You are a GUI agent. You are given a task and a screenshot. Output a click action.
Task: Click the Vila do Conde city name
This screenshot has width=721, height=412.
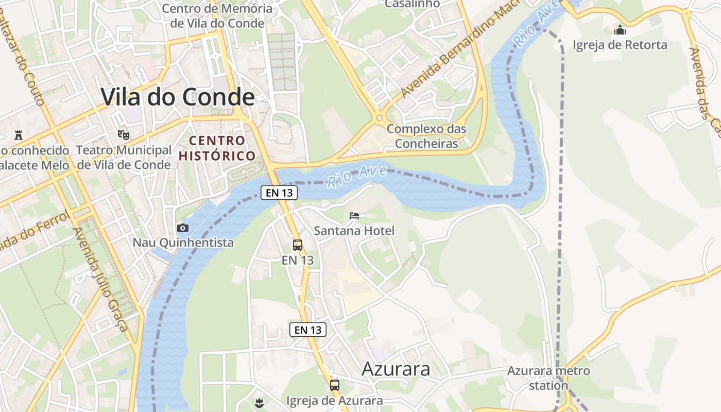click(x=178, y=97)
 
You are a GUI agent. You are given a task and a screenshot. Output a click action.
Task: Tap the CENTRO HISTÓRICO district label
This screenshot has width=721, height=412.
click(x=217, y=148)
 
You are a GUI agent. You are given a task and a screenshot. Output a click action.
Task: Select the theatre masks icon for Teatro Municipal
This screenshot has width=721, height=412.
click(x=123, y=134)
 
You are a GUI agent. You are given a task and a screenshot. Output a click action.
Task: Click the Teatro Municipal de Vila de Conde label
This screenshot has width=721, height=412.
click(x=124, y=157)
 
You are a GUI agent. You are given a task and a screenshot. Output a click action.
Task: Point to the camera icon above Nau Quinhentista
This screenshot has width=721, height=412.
click(x=182, y=228)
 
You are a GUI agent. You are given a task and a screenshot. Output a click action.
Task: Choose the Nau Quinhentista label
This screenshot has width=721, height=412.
click(x=183, y=242)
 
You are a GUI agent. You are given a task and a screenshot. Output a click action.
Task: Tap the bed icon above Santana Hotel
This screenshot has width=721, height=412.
click(x=354, y=215)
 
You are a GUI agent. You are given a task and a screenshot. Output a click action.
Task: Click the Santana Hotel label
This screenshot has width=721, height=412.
click(x=354, y=231)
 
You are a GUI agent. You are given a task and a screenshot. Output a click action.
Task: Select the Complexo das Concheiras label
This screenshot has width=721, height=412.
click(x=426, y=136)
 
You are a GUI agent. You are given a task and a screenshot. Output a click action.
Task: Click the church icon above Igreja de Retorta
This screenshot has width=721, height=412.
click(x=620, y=30)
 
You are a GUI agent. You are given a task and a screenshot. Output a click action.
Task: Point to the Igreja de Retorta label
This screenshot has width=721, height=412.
click(x=620, y=45)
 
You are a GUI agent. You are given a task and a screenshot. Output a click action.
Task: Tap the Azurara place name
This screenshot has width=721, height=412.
click(x=396, y=369)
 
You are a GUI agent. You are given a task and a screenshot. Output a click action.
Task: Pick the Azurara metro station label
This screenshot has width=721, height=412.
click(x=548, y=377)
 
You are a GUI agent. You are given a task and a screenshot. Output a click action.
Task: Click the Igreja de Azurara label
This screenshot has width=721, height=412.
click(x=335, y=401)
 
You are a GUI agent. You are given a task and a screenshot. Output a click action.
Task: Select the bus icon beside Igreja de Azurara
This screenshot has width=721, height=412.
click(x=335, y=385)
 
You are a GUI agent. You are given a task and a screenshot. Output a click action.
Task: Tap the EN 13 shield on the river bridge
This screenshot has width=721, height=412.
click(x=280, y=193)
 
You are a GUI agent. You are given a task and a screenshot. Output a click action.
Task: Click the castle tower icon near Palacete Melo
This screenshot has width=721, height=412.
click(x=19, y=135)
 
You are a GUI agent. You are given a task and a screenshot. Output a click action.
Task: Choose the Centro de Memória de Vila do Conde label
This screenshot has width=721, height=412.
click(x=217, y=16)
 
